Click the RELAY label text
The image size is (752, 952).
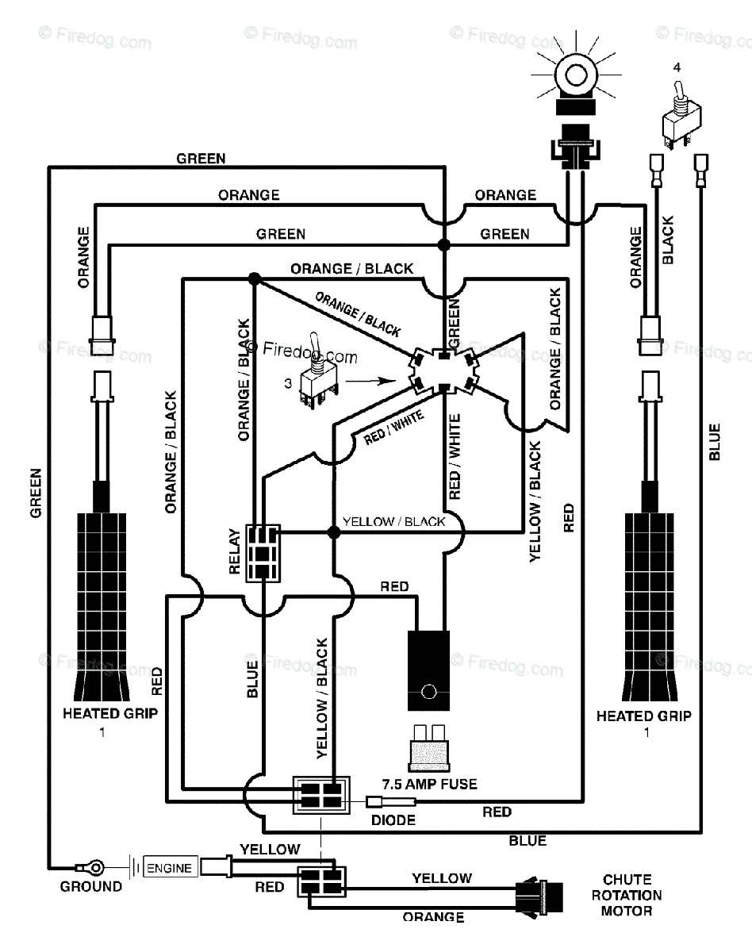(235, 551)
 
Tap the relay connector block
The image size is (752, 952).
(263, 553)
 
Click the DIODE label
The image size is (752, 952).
(393, 820)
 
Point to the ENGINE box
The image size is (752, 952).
(170, 868)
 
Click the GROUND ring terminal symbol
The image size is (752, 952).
(90, 867)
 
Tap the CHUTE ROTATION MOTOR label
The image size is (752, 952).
(627, 895)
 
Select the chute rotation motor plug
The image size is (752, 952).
(539, 896)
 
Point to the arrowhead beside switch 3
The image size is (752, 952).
(389, 381)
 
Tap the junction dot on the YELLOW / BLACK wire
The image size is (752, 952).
(334, 532)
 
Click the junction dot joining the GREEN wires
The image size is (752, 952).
(444, 244)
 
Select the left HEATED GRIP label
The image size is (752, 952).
(110, 713)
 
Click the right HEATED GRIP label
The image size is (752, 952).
(643, 716)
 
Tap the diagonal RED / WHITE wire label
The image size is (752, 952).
(393, 427)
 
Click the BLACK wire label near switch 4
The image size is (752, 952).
(667, 240)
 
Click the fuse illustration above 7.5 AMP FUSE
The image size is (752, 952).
(429, 748)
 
